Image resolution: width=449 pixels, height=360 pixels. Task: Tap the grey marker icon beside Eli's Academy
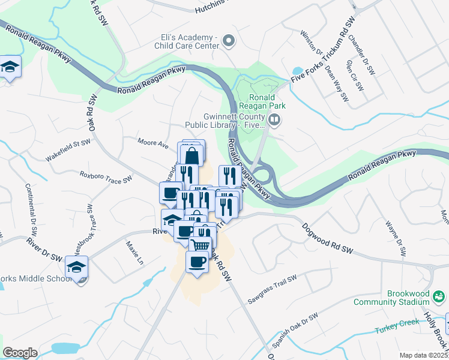tap(228, 41)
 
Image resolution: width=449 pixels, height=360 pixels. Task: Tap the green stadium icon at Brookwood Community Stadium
tap(439, 296)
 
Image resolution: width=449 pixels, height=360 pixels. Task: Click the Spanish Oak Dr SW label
tap(294, 332)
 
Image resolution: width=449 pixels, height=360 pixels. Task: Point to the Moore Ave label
tap(152, 144)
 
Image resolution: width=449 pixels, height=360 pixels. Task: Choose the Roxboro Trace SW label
tap(106, 178)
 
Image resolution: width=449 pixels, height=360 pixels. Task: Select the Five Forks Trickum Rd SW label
tap(323, 51)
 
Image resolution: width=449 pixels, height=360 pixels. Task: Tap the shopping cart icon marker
tap(200, 245)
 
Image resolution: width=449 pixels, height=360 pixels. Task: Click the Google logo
tap(20, 353)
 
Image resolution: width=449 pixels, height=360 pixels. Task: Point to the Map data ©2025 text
tap(424, 355)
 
